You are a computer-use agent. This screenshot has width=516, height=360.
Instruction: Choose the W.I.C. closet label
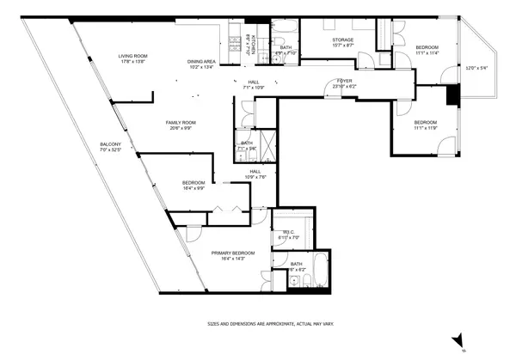coord(290,234)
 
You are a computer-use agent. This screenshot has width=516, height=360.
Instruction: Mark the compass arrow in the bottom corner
coord(458,341)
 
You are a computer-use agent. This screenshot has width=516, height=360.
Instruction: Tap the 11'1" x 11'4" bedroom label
coord(427,50)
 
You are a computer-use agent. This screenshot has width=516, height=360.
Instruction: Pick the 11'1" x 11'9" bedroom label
coord(426,125)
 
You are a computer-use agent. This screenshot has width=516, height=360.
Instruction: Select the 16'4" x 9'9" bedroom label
coord(193,185)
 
